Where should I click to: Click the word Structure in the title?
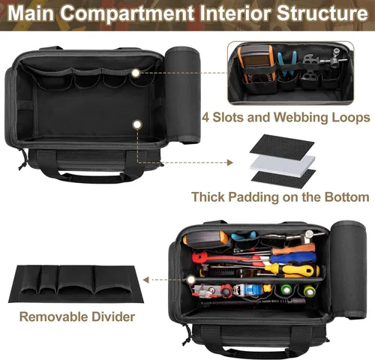(x=322, y=13)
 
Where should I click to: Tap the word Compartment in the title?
(x=127, y=13)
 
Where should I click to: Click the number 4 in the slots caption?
(x=205, y=118)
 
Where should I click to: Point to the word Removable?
(x=53, y=316)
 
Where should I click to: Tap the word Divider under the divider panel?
(x=113, y=316)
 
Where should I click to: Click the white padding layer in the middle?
(x=283, y=163)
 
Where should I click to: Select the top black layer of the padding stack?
(x=282, y=145)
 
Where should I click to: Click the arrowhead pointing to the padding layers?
(x=230, y=163)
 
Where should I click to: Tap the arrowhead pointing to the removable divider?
(x=145, y=280)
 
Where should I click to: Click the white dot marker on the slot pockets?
(x=136, y=73)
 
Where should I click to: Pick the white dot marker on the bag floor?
(x=137, y=124)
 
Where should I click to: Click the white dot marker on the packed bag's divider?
(x=191, y=279)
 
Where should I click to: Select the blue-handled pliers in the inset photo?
(x=286, y=64)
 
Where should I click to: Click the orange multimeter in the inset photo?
(x=255, y=64)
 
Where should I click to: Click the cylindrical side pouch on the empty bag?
(x=183, y=94)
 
